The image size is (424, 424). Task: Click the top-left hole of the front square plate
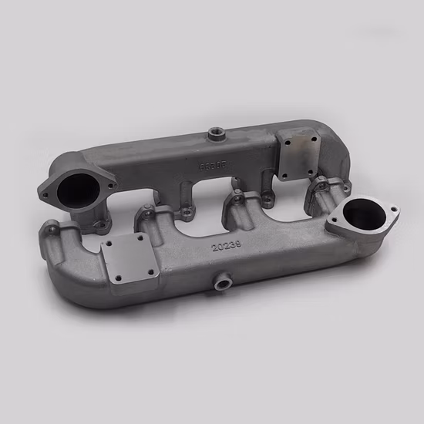point(112,245)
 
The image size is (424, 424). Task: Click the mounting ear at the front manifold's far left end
point(51,229)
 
